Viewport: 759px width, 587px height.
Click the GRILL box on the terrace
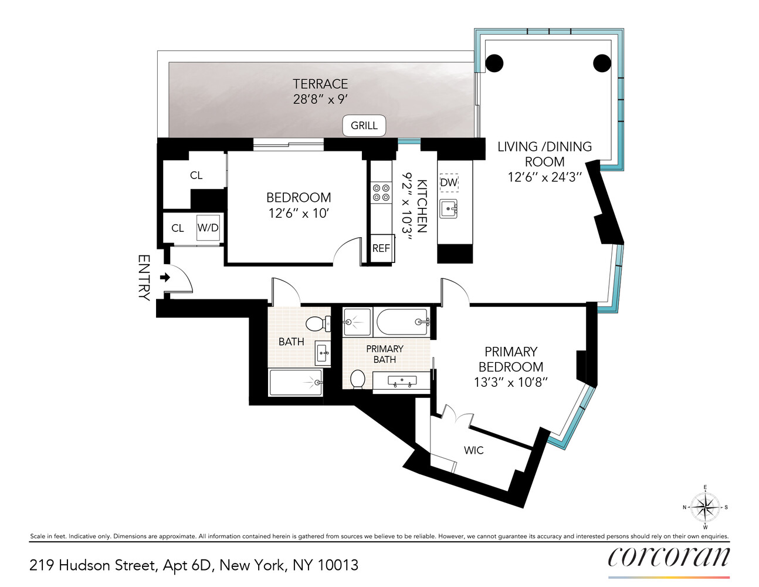coord(364,126)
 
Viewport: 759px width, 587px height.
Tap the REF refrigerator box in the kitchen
coord(381,248)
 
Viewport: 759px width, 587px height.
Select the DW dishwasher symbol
coord(449,183)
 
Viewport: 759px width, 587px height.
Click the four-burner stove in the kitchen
coord(381,193)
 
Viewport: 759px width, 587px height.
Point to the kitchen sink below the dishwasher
coord(449,208)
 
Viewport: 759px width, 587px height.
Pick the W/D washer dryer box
coord(208,228)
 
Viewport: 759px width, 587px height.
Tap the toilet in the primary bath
coord(357,379)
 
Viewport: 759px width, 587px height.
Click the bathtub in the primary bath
coord(403,322)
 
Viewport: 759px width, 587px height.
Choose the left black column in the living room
coord(494,63)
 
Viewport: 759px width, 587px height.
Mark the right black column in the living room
coord(602,63)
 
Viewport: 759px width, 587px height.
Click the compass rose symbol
coord(705,507)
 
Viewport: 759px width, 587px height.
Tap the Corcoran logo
coord(669,556)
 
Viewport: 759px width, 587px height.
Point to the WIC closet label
coord(474,450)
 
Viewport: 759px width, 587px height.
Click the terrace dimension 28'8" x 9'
coord(320,99)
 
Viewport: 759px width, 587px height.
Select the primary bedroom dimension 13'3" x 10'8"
coord(511,382)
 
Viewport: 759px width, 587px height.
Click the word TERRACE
coord(320,84)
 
